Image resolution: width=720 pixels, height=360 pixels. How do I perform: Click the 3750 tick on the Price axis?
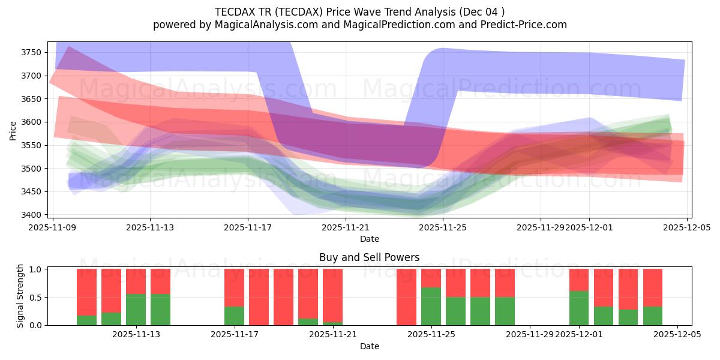pos(31,52)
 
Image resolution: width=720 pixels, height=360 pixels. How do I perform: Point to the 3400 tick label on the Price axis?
pos(31,215)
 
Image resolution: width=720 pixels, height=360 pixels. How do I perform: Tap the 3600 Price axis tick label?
pos(31,122)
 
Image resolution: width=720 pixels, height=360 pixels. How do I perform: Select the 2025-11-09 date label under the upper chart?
pos(53,227)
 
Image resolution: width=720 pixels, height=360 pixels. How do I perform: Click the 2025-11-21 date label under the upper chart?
pos(346,227)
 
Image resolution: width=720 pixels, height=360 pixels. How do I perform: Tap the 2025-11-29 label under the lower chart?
pos(530,335)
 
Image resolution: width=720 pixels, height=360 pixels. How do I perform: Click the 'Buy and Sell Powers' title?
pos(369,257)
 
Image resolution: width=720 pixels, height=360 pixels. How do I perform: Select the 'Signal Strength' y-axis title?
pos(20,296)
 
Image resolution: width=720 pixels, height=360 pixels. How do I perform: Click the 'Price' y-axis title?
pos(13,130)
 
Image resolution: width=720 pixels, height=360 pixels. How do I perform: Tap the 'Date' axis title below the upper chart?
pos(369,239)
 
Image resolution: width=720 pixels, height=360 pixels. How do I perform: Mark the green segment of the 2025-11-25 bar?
pos(431,306)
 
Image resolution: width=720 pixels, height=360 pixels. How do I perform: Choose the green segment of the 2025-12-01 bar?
pos(579,308)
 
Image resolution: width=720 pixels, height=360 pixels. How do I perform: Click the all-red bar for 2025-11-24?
pos(406,297)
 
